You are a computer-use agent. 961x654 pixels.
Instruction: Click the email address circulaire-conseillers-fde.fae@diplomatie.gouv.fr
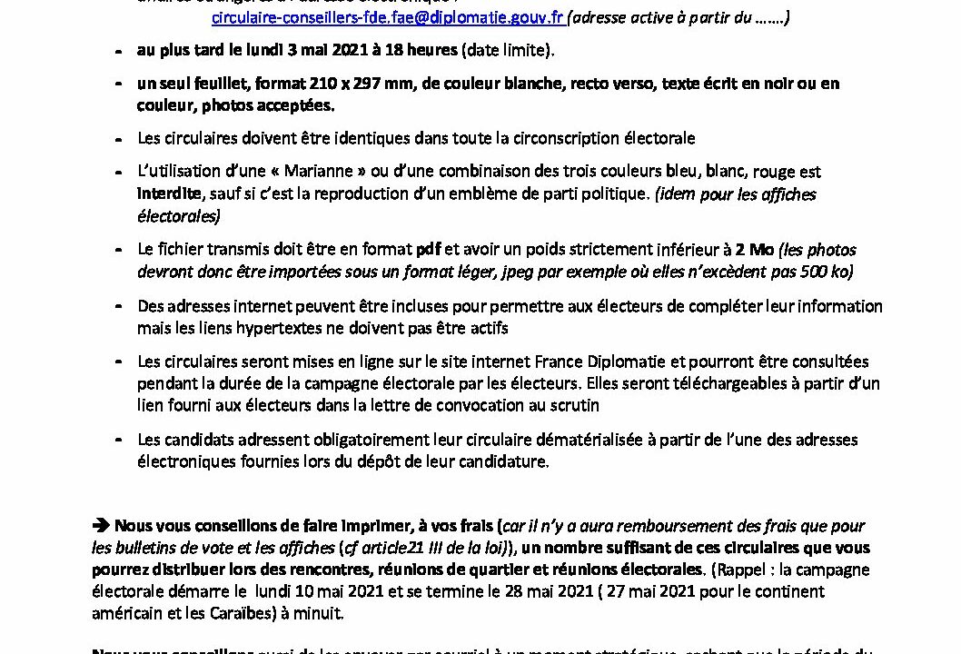(x=388, y=16)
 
